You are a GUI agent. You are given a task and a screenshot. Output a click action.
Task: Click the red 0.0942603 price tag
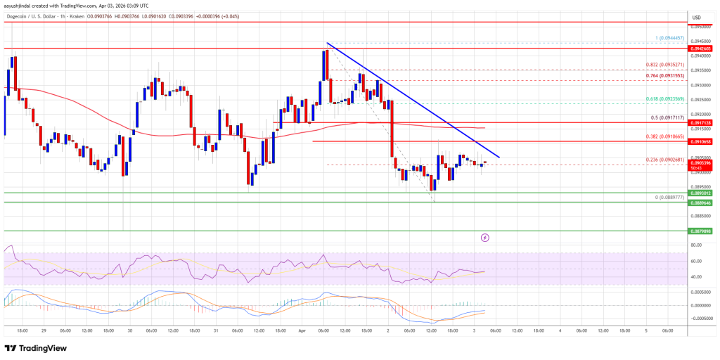click(x=702, y=49)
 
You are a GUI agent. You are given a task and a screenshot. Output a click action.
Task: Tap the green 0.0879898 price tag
click(x=702, y=230)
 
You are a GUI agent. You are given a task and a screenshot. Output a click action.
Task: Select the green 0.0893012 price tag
click(x=702, y=193)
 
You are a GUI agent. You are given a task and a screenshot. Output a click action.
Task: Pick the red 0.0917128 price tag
click(x=702, y=122)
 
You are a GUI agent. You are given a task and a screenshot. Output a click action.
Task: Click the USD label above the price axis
click(x=696, y=18)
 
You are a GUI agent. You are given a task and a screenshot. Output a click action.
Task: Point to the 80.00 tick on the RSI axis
click(x=697, y=245)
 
